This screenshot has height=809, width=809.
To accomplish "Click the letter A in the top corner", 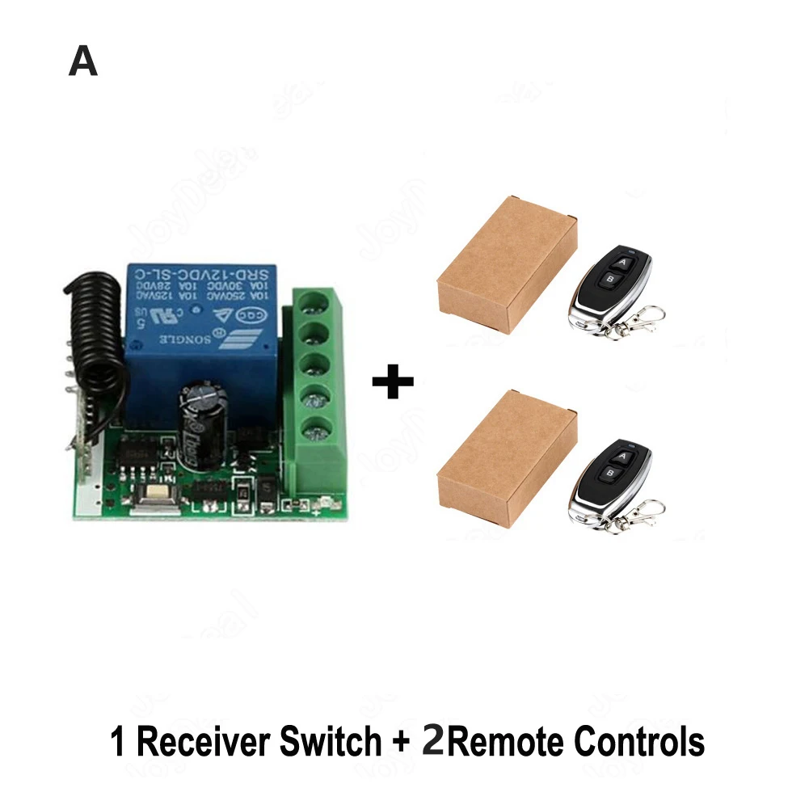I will [x=83, y=61].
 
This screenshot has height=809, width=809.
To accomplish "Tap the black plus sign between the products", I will [x=393, y=381].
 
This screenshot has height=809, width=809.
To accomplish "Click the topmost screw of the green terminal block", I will [x=316, y=305].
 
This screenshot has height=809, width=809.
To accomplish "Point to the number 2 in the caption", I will [x=433, y=741].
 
